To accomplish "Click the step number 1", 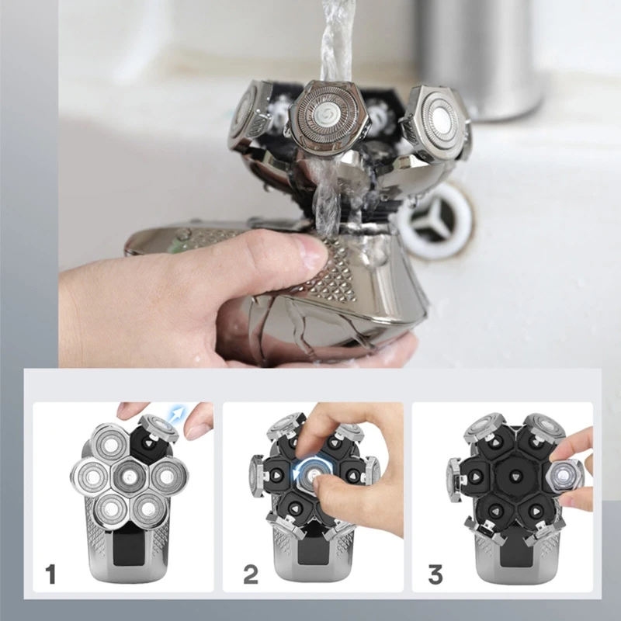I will tap(51, 575).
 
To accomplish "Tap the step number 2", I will tap(251, 575).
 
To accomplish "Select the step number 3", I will tap(435, 575).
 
